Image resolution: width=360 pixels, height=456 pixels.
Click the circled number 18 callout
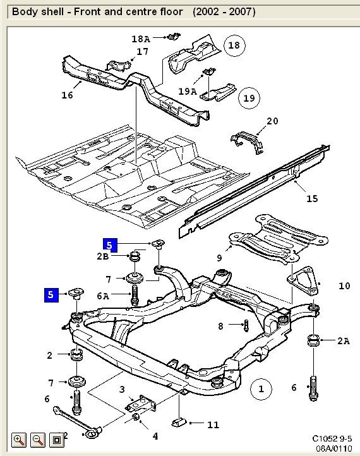[234, 45]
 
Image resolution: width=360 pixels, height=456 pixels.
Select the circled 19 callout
[249, 98]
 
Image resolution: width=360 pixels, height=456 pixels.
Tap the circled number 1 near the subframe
[260, 388]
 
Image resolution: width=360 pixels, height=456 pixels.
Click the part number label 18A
[141, 39]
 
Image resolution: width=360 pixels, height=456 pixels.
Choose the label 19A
[188, 92]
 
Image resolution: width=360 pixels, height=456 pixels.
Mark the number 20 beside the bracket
[272, 121]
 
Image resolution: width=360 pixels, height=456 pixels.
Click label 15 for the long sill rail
[312, 199]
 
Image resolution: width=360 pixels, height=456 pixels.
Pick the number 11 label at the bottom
[213, 424]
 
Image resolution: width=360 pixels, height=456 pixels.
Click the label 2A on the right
[343, 341]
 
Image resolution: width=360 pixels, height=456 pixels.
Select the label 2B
[103, 256]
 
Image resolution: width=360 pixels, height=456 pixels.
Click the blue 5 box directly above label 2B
[110, 244]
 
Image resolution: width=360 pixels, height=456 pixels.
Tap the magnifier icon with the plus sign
[18, 439]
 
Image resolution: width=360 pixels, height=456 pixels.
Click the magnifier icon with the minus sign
[37, 439]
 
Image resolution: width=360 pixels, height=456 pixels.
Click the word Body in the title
[25, 11]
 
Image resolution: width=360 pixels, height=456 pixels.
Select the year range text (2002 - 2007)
[224, 11]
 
